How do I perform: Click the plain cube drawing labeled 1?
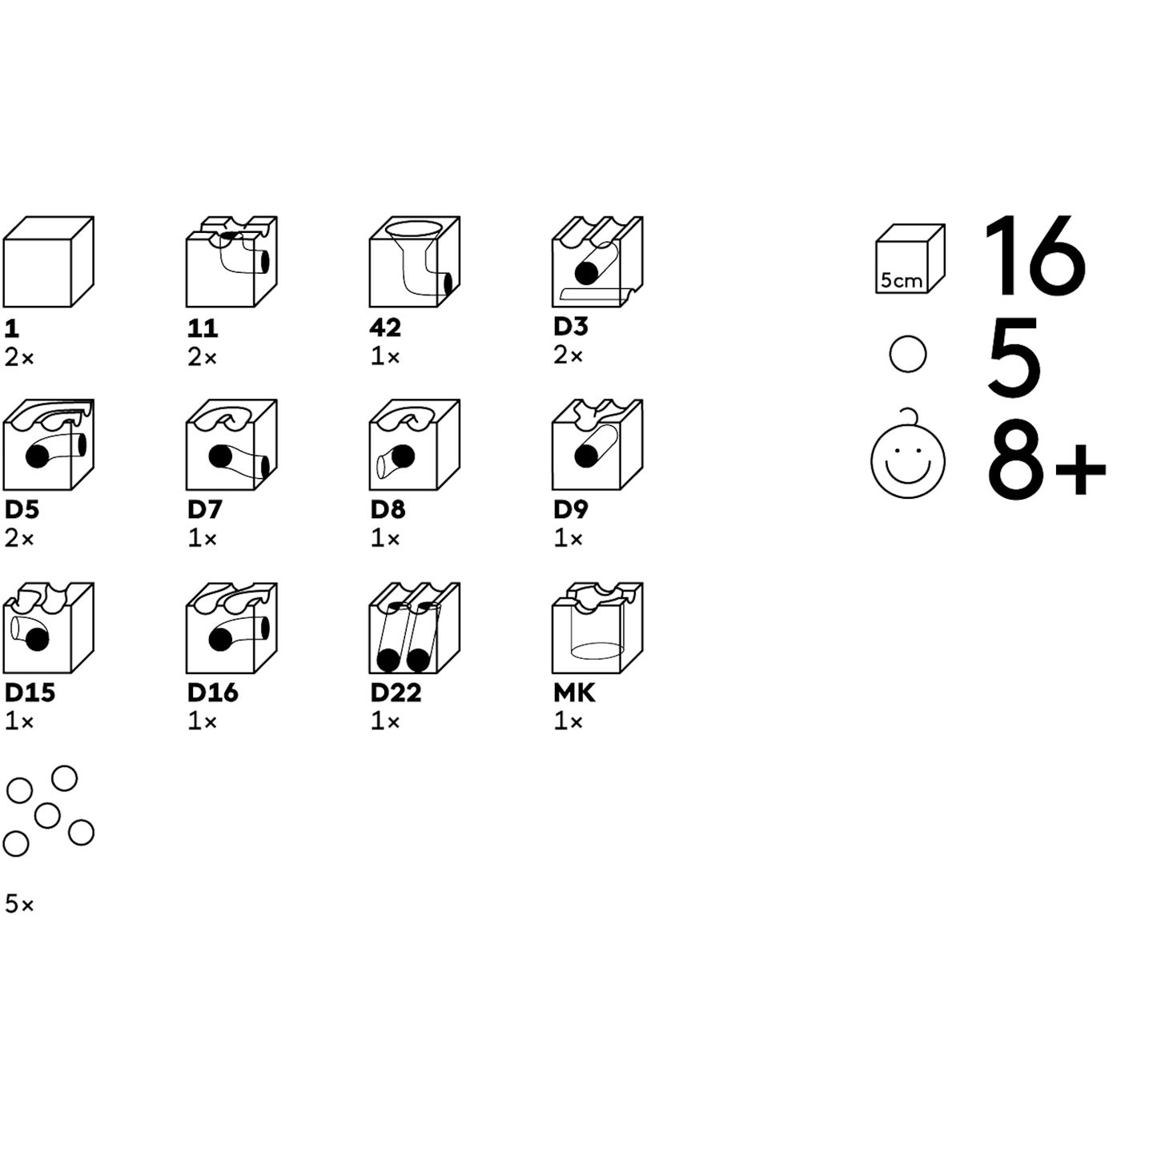(x=49, y=262)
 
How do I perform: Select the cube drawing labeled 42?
(x=415, y=262)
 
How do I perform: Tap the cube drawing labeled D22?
(x=415, y=628)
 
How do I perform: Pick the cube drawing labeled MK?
(x=598, y=628)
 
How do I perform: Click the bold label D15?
(x=30, y=693)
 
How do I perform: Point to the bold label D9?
(x=571, y=509)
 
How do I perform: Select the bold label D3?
(x=571, y=326)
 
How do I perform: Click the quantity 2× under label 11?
(x=203, y=358)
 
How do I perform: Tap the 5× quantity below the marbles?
(x=20, y=903)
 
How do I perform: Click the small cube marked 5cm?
(x=910, y=259)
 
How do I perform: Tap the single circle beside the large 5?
(x=908, y=354)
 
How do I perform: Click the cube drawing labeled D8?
(x=415, y=444)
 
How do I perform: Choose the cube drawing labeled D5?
(x=49, y=444)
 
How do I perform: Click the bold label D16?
(x=213, y=693)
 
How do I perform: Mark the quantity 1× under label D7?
(x=203, y=539)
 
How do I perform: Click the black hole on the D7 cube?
(x=220, y=457)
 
